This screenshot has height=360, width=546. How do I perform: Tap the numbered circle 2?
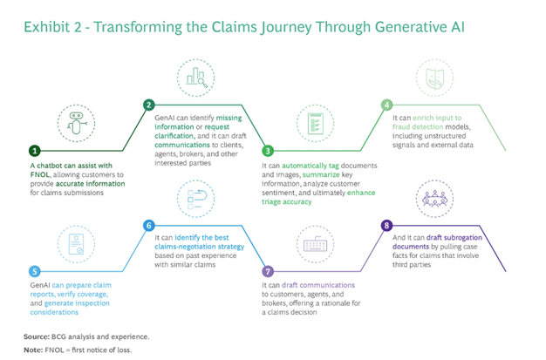pyautogui.click(x=149, y=105)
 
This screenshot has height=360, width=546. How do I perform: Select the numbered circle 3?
pyautogui.click(x=269, y=150)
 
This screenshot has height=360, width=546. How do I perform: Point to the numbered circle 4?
pyautogui.click(x=386, y=105)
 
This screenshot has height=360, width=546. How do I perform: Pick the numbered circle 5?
pyautogui.click(x=35, y=271)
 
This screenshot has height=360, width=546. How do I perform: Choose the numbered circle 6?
pyautogui.click(x=149, y=226)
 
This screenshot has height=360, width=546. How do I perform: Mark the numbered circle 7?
pyautogui.click(x=269, y=271)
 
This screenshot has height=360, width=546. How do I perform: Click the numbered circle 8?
pyautogui.click(x=386, y=226)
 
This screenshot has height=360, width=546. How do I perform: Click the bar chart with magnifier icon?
pyautogui.click(x=195, y=77)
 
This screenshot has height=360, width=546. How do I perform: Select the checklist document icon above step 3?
pyautogui.click(x=312, y=123)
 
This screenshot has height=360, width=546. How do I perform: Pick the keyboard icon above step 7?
pyautogui.click(x=312, y=243)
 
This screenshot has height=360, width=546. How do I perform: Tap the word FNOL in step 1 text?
pyautogui.click(x=41, y=175)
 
